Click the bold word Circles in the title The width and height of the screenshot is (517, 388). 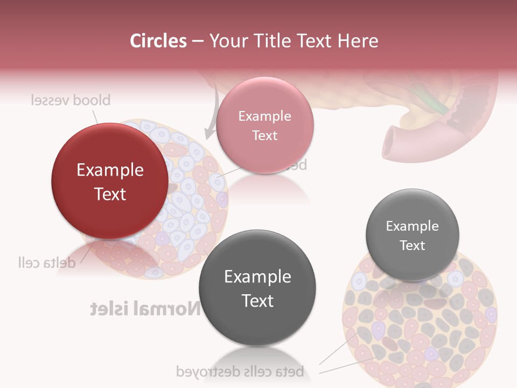(x=158, y=41)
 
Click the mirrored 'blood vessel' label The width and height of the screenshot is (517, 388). (x=70, y=100)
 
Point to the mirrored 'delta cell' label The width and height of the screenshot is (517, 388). (x=46, y=263)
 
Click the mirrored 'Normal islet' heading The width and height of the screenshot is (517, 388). (x=145, y=309)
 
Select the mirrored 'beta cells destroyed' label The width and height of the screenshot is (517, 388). (x=240, y=371)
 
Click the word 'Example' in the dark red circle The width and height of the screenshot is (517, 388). (x=110, y=170)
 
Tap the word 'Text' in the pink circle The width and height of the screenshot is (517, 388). (x=264, y=135)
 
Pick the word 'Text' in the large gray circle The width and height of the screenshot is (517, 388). (x=257, y=301)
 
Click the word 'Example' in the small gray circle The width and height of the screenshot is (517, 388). (x=413, y=226)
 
